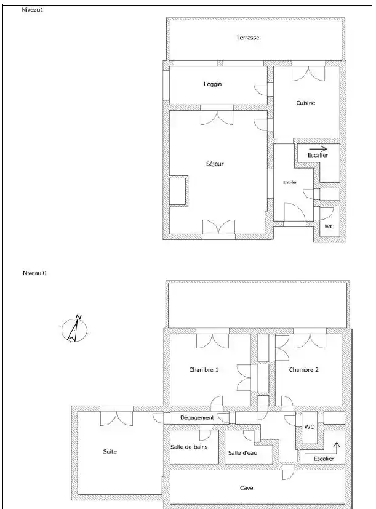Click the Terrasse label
(248, 38)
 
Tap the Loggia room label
(213, 84)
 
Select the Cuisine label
(306, 103)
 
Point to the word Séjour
(215, 164)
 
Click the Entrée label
(290, 182)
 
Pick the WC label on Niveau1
(329, 226)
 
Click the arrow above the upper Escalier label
(319, 149)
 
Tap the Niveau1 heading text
(33, 10)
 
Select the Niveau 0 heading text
(34, 273)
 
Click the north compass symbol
(74, 329)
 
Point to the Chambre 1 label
(204, 370)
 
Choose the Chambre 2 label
(303, 370)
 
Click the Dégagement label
(197, 418)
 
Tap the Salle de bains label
(189, 447)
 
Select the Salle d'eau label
(243, 453)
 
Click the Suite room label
(110, 452)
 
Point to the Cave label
(246, 488)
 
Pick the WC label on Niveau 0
(309, 427)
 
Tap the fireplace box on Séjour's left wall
(178, 191)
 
